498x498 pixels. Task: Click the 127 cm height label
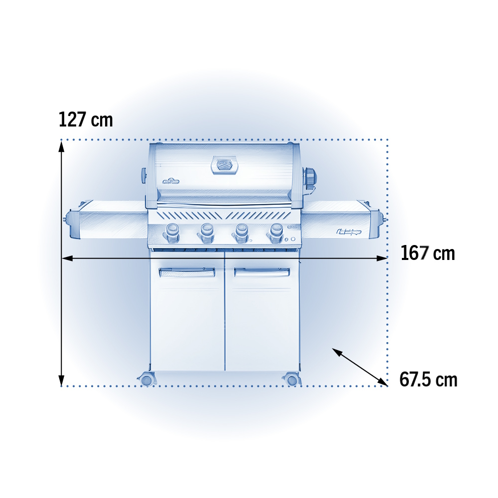(x=86, y=120)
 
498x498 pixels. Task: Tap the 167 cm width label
(x=428, y=253)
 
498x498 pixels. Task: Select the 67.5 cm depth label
(x=428, y=379)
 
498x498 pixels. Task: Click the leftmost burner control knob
(x=172, y=233)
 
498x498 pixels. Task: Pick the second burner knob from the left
(x=207, y=233)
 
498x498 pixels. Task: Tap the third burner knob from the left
(x=241, y=233)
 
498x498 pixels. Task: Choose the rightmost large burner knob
(x=276, y=233)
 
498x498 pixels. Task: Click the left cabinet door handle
(x=187, y=272)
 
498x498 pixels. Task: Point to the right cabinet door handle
(x=262, y=272)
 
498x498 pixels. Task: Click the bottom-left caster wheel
(x=147, y=379)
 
